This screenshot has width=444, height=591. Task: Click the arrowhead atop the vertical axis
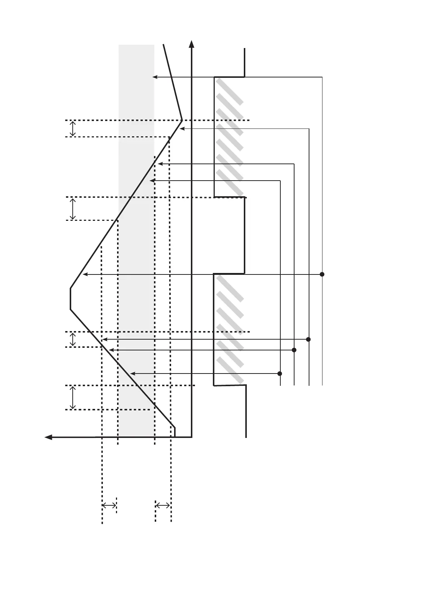[x=192, y=44]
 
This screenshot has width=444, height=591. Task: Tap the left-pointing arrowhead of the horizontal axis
[x=48, y=437]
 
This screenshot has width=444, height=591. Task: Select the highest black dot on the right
[x=322, y=274]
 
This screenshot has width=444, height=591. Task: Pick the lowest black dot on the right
[x=280, y=374]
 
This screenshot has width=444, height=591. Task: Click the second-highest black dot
[x=308, y=339]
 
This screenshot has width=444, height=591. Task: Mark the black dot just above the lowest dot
[x=294, y=350]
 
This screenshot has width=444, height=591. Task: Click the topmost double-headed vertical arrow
[x=73, y=128]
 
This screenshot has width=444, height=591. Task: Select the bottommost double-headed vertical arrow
[x=73, y=398]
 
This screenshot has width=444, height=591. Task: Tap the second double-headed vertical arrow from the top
[x=73, y=209]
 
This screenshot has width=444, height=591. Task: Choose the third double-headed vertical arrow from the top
[x=73, y=339]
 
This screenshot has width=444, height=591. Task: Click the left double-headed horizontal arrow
[x=109, y=505]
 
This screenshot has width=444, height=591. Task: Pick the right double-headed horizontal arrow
[x=163, y=505]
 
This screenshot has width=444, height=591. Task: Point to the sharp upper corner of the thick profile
[x=182, y=120]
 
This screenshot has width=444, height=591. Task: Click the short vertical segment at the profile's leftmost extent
[x=70, y=299]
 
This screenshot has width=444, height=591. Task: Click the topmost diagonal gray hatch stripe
[x=230, y=91]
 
